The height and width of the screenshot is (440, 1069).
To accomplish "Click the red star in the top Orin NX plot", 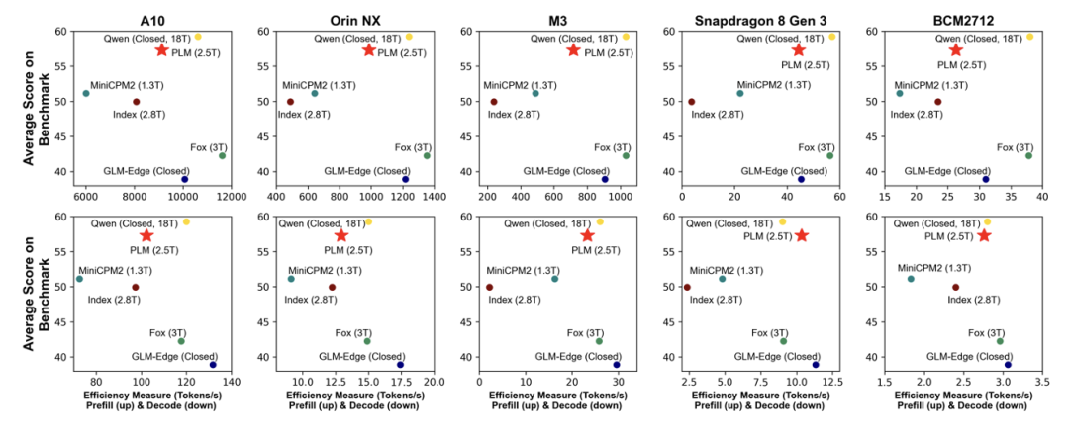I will pos(369,49).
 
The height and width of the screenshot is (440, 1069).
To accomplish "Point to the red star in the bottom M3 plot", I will pos(587,235).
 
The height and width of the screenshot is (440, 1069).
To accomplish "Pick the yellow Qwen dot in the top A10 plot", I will pos(198,37).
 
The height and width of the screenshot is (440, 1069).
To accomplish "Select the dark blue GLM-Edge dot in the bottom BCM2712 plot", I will pos(1008,365).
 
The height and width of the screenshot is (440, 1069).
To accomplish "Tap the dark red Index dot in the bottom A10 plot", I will pos(136,287).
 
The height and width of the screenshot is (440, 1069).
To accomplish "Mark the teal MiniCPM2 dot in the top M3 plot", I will pos(535,93).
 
